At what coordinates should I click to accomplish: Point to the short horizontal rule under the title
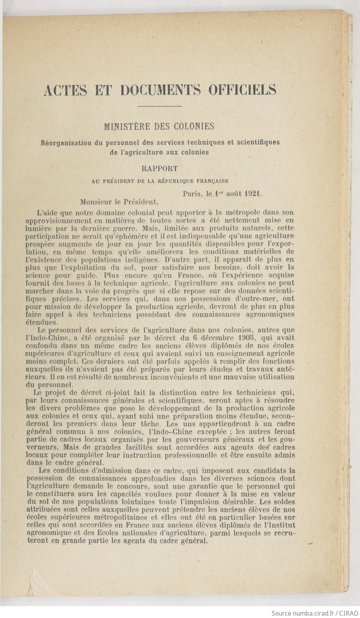[x=160, y=106]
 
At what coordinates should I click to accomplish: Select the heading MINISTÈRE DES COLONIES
[x=159, y=127]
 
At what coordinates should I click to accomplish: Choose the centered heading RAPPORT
[x=160, y=169]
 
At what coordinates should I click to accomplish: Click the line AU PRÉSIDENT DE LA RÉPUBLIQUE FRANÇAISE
[x=160, y=181]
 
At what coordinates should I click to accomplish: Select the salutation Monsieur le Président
[x=119, y=202]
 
